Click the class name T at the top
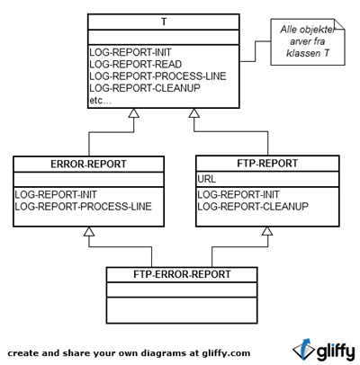(164, 22)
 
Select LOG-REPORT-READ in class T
(136, 64)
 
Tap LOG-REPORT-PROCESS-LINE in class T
(157, 76)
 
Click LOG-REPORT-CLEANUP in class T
(145, 88)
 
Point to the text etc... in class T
(100, 101)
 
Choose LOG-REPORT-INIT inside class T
(130, 52)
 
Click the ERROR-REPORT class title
(88, 165)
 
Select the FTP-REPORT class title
(267, 164)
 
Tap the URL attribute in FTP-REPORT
(206, 179)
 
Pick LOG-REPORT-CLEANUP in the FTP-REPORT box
(253, 207)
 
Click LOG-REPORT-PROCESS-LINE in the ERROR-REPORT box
(84, 207)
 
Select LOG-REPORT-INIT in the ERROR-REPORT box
(56, 195)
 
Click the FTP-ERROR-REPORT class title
(182, 274)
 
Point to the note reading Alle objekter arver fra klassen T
(308, 41)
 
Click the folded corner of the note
(339, 24)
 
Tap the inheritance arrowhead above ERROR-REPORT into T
(133, 113)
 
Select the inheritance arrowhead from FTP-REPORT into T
(194, 113)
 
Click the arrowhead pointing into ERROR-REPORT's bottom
(89, 231)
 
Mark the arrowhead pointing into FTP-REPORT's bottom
(267, 231)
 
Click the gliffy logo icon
(303, 350)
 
